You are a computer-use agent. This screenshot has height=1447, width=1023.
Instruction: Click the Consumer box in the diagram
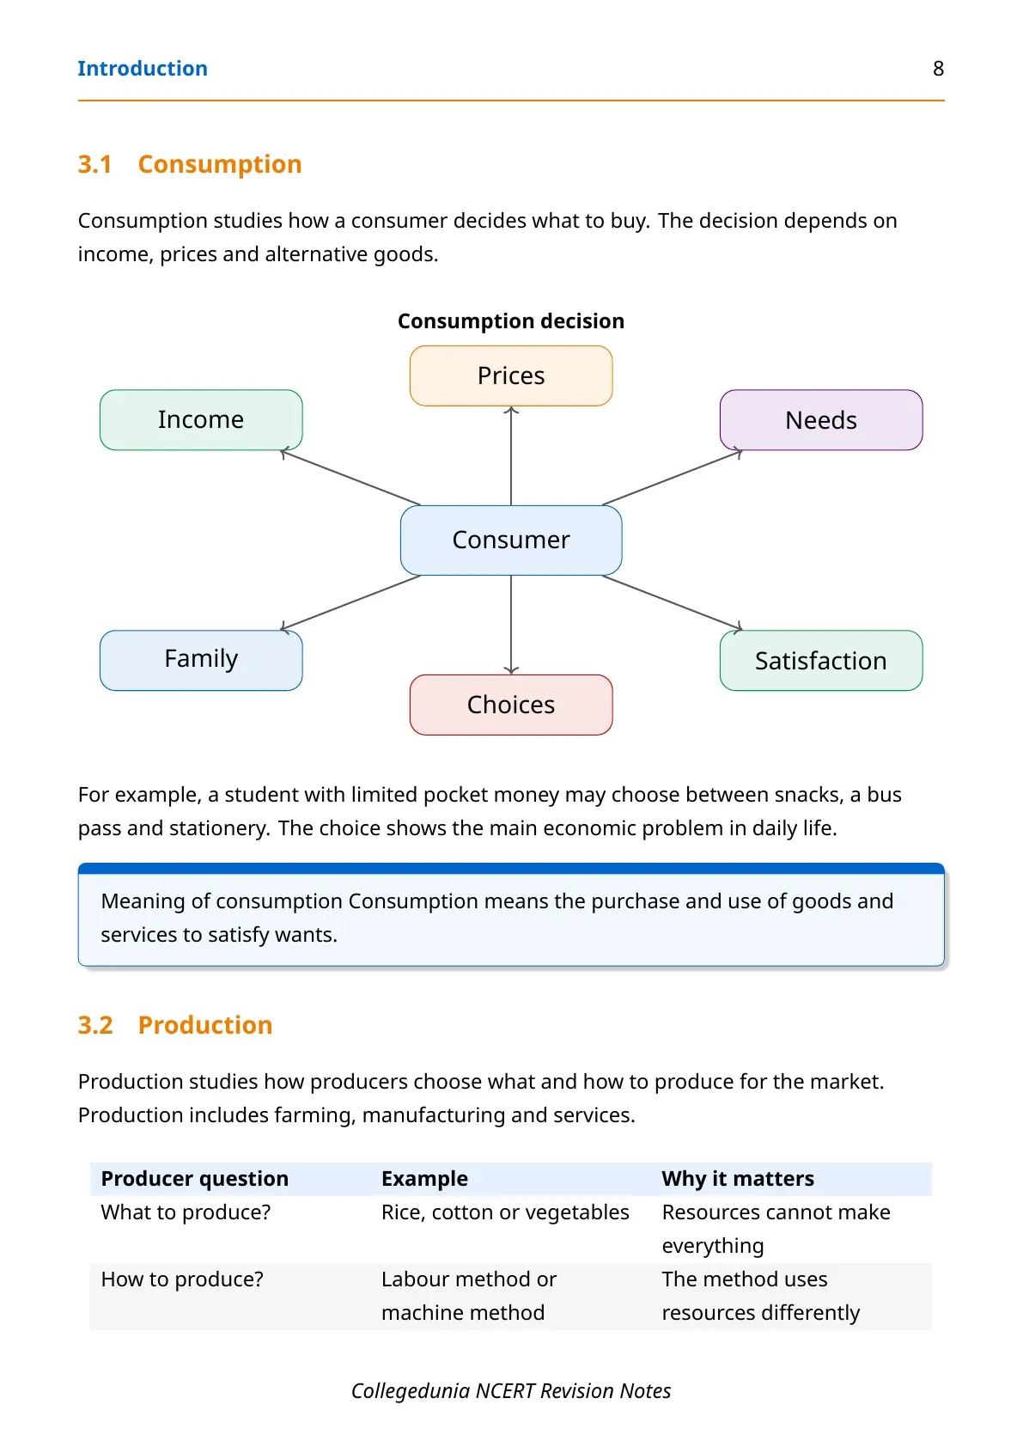[511, 540]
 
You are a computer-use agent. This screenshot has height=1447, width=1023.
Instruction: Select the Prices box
[511, 375]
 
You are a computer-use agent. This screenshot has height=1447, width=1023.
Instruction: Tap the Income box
[201, 420]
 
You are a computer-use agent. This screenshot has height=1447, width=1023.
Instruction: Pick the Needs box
[821, 420]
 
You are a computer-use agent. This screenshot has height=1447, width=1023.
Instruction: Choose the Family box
[201, 660]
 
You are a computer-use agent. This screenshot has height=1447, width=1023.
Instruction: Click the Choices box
[511, 705]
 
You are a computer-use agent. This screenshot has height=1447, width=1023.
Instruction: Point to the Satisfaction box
[821, 660]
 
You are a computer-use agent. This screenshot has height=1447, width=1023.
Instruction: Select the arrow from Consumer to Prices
[511, 455]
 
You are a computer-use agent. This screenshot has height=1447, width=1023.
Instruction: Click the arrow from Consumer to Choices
[511, 625]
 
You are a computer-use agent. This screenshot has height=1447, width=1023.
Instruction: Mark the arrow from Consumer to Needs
[672, 478]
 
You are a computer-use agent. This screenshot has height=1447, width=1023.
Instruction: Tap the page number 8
[939, 69]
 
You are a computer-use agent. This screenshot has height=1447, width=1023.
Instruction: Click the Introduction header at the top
[143, 69]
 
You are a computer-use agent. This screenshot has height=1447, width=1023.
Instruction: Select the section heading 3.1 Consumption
[190, 165]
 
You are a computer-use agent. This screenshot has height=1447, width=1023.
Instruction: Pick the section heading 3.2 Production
[175, 1025]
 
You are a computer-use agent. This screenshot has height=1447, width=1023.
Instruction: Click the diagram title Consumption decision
[511, 321]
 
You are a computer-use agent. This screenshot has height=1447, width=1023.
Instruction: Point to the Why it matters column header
[738, 1179]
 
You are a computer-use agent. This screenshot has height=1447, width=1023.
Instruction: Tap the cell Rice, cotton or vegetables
[505, 1212]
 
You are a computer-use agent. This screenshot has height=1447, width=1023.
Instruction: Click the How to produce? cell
[182, 1279]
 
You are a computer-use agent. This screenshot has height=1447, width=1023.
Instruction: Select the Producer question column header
[194, 1179]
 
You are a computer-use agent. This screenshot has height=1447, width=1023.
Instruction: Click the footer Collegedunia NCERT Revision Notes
[511, 1391]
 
